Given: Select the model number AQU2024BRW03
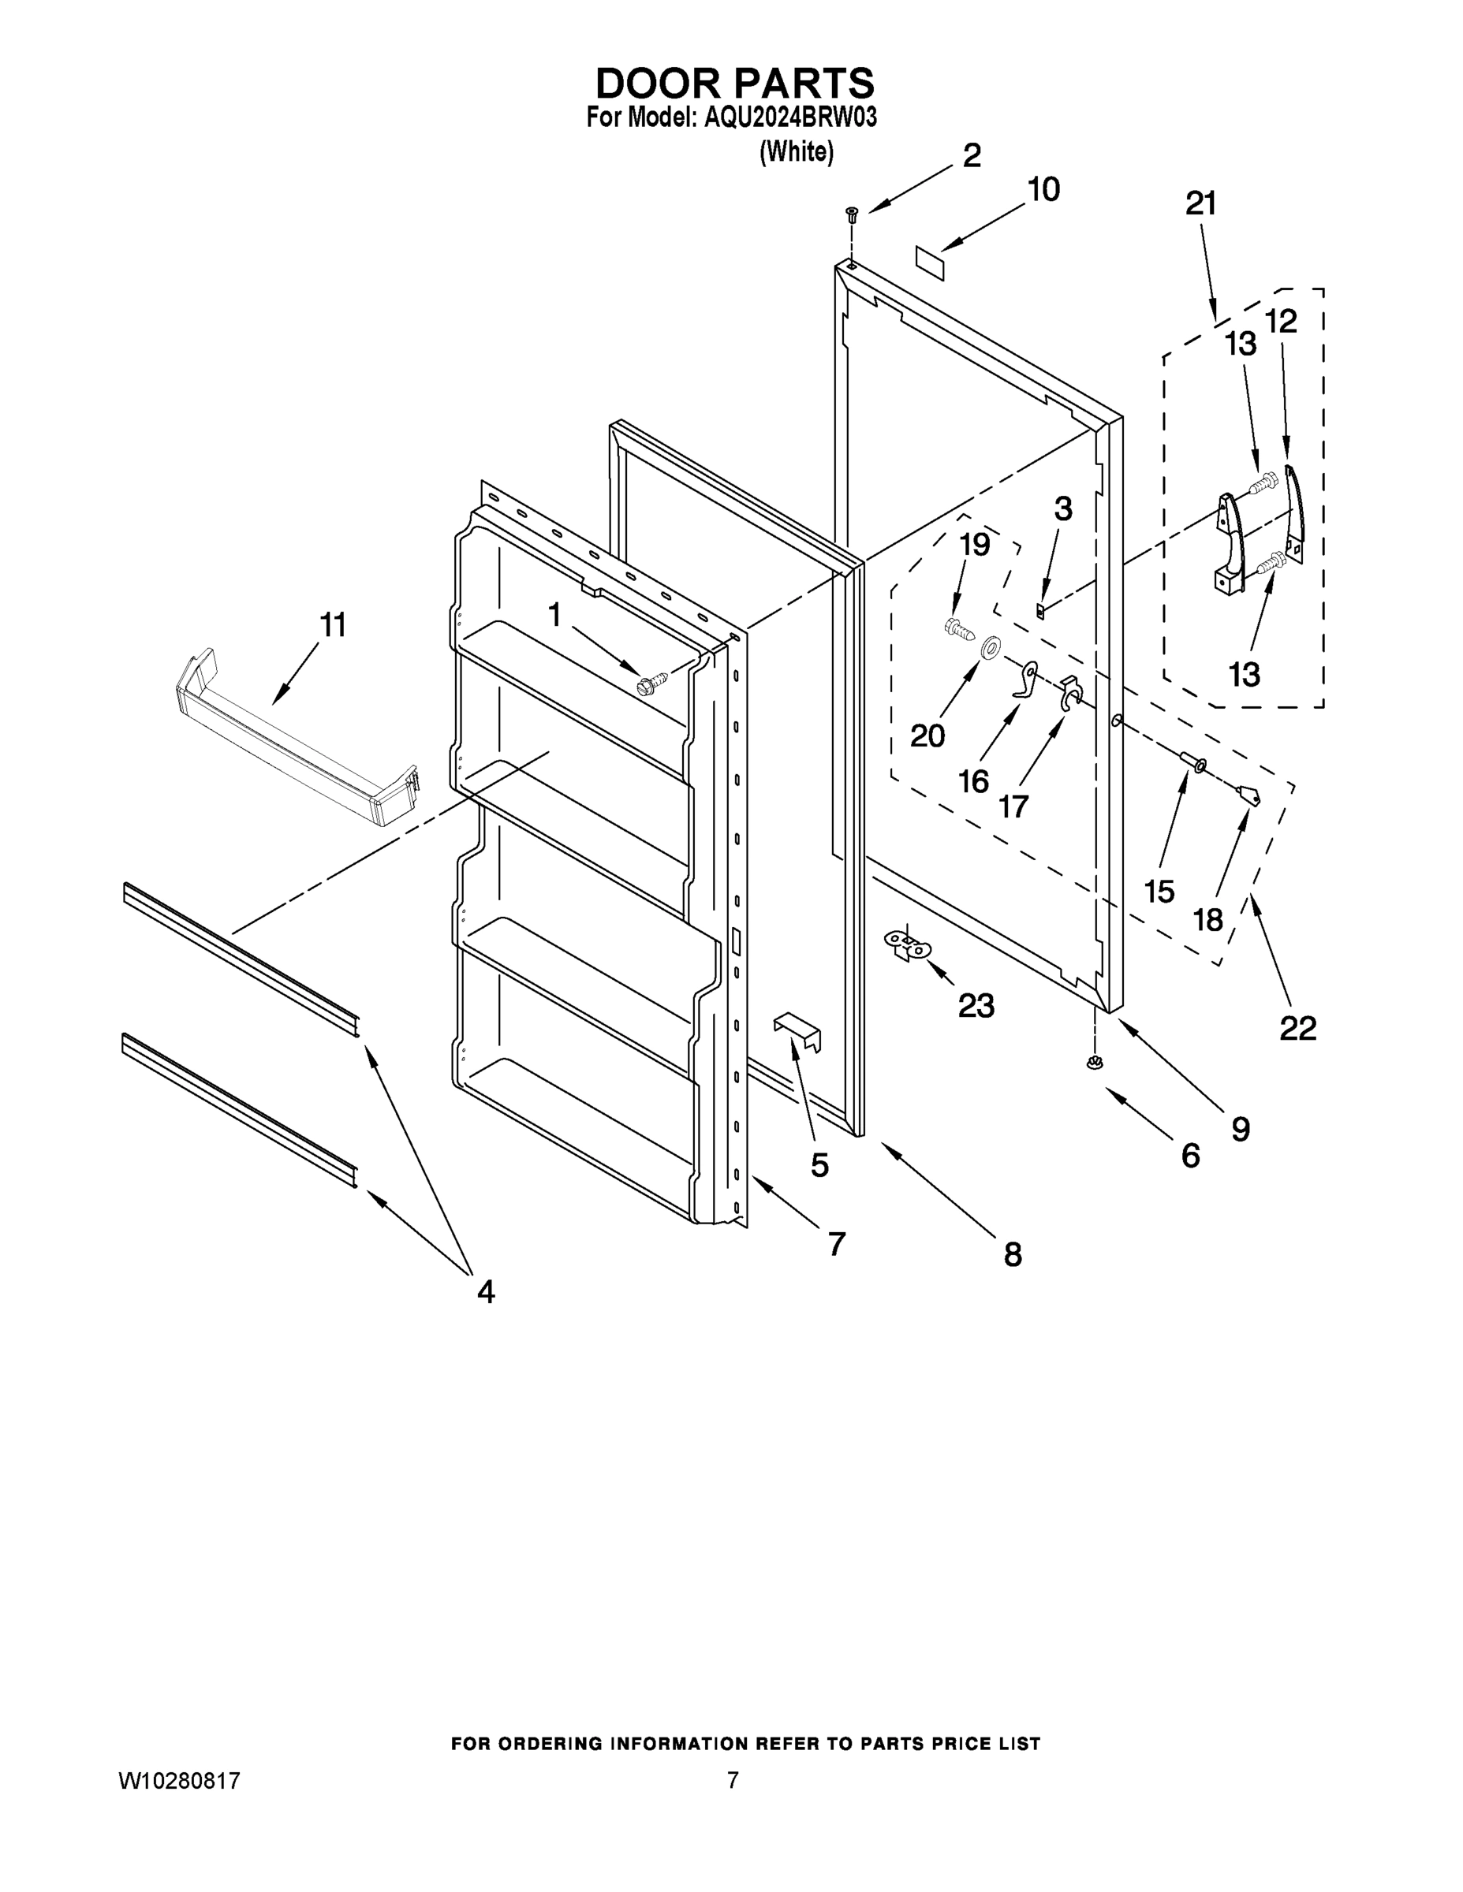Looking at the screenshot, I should pos(789,117).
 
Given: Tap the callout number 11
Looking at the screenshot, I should pos(333,624).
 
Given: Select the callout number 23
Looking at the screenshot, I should pos(975,1006).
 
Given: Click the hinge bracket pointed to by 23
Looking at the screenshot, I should pos(906,944).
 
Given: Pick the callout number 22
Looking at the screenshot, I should pos(1297,1028).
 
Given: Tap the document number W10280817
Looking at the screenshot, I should pos(178,1781).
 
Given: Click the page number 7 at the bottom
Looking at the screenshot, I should pos(733,1781).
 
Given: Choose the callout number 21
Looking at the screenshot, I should pos(1201,203).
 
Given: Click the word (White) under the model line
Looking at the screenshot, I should pos(797,152).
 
